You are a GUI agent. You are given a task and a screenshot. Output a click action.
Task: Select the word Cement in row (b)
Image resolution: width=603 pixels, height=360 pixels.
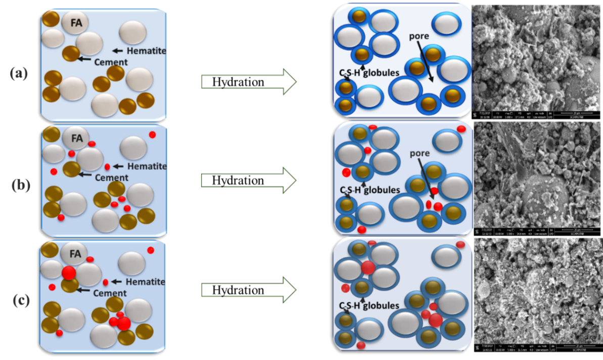111,178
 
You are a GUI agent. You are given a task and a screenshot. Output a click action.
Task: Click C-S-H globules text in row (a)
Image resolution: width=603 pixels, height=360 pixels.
369,72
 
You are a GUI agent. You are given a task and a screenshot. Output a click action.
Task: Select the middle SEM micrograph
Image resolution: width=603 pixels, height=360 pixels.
536,177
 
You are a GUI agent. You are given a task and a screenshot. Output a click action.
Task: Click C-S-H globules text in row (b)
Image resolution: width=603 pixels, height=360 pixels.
369,190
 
